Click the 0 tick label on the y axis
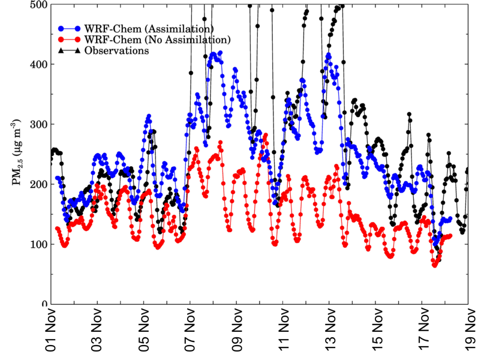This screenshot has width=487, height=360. [44, 304]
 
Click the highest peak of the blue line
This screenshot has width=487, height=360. [220, 52]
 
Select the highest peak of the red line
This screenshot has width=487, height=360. [220, 142]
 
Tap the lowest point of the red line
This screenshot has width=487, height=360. [435, 265]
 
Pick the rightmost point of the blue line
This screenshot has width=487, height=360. [450, 219]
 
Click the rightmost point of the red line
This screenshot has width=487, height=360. [450, 236]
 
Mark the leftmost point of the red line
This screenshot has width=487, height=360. [58, 228]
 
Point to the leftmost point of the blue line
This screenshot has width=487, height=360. [58, 178]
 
